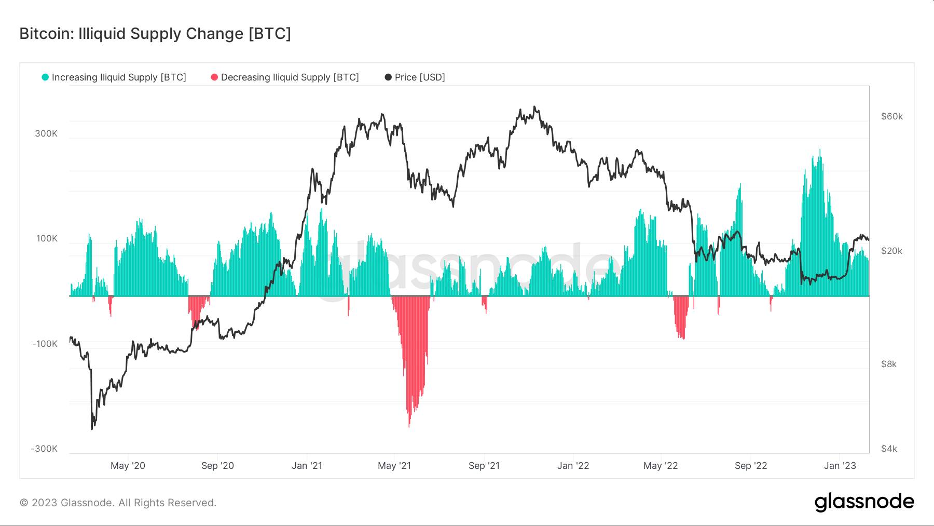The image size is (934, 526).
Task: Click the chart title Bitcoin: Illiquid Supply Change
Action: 155,34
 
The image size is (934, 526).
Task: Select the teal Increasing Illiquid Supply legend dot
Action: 45,77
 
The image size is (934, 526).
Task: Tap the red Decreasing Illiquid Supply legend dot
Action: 214,77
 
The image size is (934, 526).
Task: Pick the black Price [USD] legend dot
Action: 388,77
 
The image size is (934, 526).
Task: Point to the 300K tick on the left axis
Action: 46,133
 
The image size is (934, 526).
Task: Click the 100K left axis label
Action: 47,238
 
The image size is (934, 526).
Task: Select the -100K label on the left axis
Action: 45,344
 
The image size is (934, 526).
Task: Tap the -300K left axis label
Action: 44,449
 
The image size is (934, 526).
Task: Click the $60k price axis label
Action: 891,116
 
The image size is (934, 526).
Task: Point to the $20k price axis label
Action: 891,251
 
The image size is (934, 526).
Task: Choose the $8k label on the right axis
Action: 888,364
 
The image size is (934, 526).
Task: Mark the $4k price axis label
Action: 888,449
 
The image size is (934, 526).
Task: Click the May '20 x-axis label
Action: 128,466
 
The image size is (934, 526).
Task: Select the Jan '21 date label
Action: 307,466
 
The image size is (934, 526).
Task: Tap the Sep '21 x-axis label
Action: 484,466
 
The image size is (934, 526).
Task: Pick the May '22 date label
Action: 660,466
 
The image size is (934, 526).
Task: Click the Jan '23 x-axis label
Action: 840,466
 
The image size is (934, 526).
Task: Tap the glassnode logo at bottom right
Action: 864,502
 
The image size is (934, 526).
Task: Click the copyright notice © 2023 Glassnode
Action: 118,503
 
